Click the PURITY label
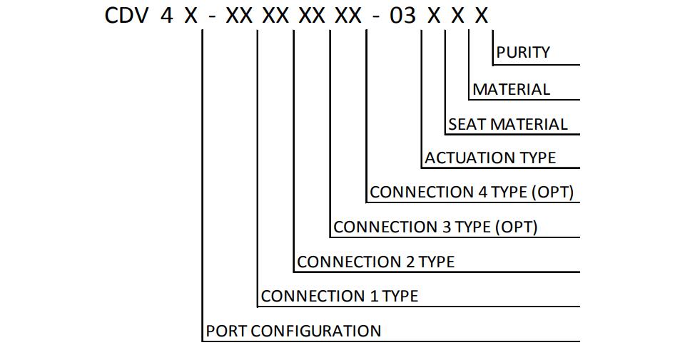523,52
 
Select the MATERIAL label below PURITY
511,89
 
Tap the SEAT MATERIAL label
507,124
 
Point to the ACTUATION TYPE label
490,158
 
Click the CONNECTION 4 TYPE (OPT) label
472,192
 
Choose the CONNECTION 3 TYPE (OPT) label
435,227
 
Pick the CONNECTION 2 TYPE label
376,262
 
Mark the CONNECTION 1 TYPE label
340,297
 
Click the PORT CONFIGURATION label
293,331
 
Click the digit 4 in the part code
166,16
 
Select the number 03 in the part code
402,16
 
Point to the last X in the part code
481,16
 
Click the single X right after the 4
191,16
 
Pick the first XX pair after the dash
239,16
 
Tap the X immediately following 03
434,16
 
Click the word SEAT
467,124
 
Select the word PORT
226,331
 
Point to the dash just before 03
377,18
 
